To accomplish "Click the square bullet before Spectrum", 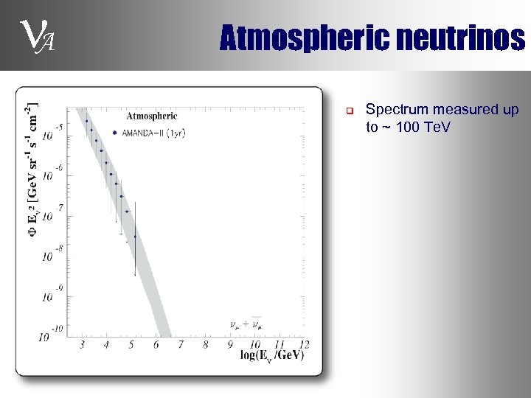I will point(351,111).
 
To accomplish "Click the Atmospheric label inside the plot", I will point(152,116).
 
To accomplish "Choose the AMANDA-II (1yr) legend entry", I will point(148,133).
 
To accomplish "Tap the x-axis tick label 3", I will point(82,344).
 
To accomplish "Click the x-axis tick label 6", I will point(156,344).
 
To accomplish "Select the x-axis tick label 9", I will point(230,344).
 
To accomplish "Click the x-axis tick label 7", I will point(180,344).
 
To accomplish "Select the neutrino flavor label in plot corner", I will point(246,324).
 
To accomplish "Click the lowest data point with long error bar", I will point(135,237).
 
